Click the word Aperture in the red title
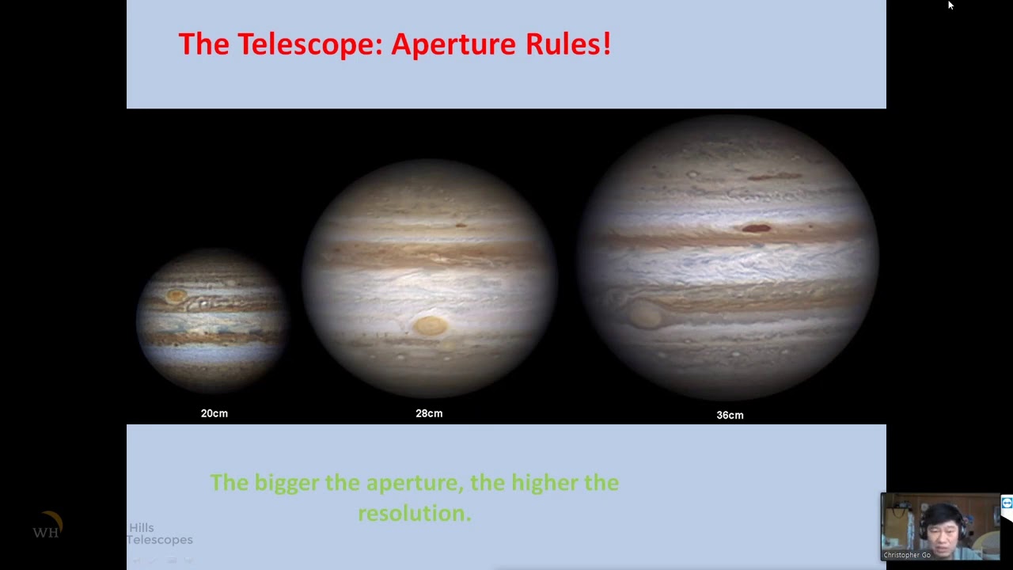pyautogui.click(x=452, y=44)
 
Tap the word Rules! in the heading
pyautogui.click(x=567, y=44)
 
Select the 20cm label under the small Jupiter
pyautogui.click(x=214, y=413)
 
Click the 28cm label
pyautogui.click(x=429, y=413)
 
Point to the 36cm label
pyautogui.click(x=730, y=415)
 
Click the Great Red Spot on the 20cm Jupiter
pyautogui.click(x=176, y=296)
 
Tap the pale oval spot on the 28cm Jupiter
pyautogui.click(x=431, y=325)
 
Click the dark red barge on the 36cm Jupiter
pyautogui.click(x=757, y=229)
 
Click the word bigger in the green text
pyautogui.click(x=287, y=483)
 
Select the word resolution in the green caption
pyautogui.click(x=414, y=513)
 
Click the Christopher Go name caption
pyautogui.click(x=907, y=555)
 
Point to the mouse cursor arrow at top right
pyautogui.click(x=950, y=5)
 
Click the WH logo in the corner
pyautogui.click(x=46, y=529)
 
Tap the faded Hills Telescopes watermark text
pyautogui.click(x=159, y=534)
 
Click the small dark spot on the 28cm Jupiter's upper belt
pyautogui.click(x=461, y=226)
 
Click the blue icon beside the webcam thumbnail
pyautogui.click(x=1007, y=503)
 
